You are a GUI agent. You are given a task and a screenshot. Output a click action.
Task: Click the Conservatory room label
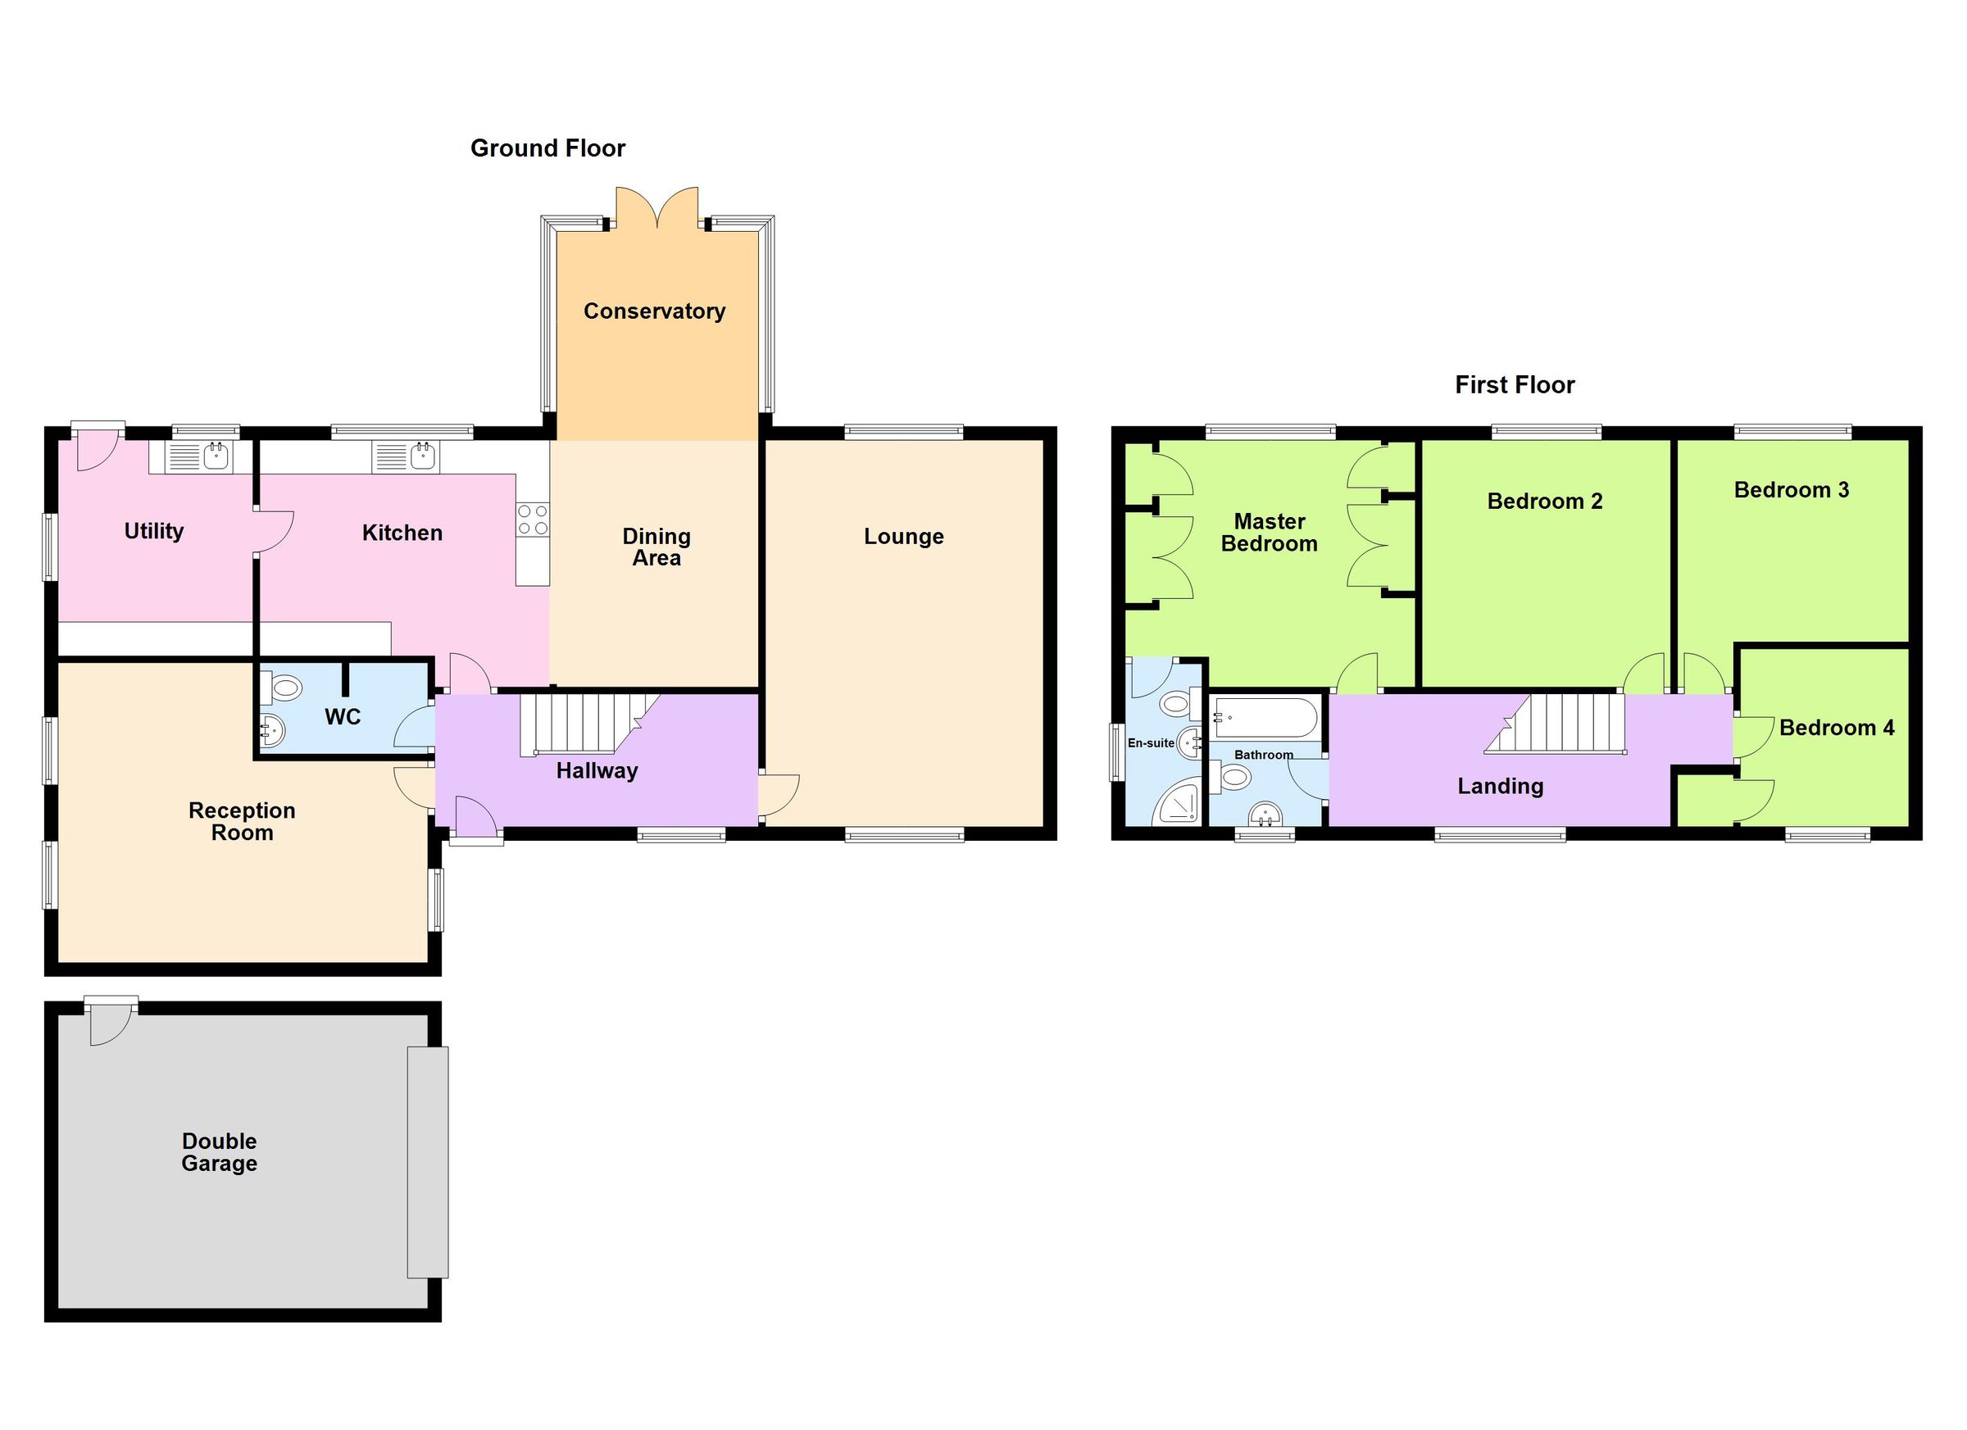pos(654,311)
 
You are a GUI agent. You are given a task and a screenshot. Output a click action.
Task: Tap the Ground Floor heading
pos(547,148)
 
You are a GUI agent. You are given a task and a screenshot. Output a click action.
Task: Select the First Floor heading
pos(1515,385)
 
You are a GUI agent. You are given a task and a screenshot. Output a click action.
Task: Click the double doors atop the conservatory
pos(656,208)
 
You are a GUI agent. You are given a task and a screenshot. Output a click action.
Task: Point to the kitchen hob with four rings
pos(533,520)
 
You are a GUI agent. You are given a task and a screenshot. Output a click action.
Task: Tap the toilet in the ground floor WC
pos(284,689)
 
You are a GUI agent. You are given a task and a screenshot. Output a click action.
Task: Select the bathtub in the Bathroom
pos(1266,718)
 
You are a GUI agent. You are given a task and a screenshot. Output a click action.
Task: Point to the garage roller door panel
pos(429,1162)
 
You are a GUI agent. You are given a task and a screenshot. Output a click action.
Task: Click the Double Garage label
pos(219,1152)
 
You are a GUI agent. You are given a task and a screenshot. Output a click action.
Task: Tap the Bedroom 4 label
pos(1836,728)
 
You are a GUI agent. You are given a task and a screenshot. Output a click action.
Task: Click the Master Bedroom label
pos(1269,533)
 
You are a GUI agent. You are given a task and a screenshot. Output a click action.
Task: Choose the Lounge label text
pos(903,537)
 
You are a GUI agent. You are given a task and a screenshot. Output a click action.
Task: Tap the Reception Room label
pos(242,821)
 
